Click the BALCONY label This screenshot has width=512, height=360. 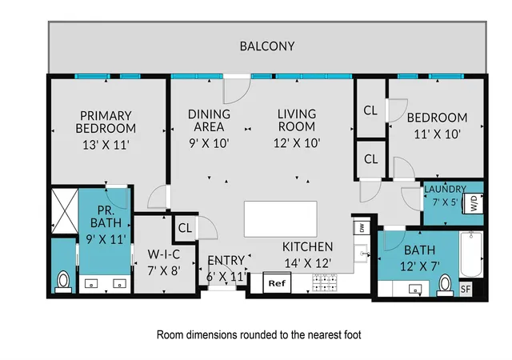[267, 46]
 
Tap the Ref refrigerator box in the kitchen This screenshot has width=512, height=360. [277, 282]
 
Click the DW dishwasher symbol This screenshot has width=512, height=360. [362, 228]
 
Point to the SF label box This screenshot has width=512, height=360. [466, 289]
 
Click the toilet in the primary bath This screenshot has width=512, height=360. [63, 282]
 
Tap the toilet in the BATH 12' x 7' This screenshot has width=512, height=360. [445, 285]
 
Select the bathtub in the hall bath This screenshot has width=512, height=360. [470, 254]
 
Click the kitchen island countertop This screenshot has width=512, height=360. [281, 219]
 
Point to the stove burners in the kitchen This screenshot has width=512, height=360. [325, 282]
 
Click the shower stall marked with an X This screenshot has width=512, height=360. [65, 210]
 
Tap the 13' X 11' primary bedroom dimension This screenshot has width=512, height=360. [106, 145]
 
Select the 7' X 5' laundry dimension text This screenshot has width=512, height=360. [445, 202]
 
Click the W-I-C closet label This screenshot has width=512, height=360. [163, 254]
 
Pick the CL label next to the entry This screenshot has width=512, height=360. [185, 228]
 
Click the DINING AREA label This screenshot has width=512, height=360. [209, 120]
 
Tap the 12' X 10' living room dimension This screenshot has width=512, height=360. [297, 143]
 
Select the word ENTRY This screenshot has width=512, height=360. [226, 260]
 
